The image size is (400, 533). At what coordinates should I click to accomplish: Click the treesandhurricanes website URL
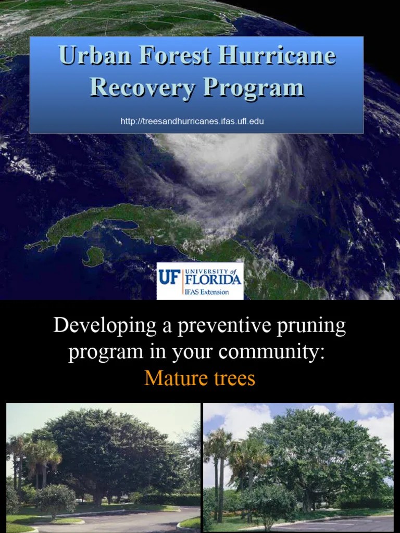[x=192, y=121]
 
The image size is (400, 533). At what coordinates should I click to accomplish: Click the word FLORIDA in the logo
[x=213, y=280]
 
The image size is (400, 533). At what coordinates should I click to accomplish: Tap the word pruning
[x=312, y=327]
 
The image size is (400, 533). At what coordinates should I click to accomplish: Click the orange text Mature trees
[x=199, y=378]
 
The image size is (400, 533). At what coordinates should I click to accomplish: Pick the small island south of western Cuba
[x=93, y=256]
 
